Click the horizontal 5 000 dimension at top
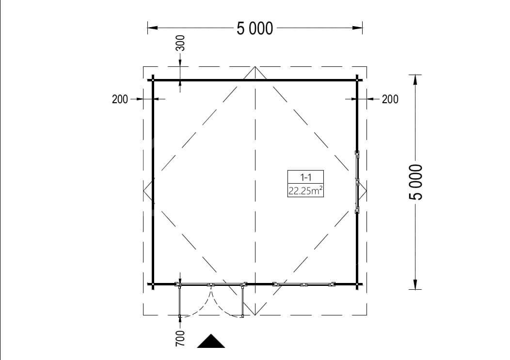pos(255,28)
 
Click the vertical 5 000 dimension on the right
pos(415,182)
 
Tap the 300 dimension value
pos(180,43)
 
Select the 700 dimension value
pos(180,338)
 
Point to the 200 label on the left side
pos(120,99)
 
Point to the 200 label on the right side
pos(390,99)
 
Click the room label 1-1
pos(306,177)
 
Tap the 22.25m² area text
pos(306,190)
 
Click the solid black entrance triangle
pos(211,341)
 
